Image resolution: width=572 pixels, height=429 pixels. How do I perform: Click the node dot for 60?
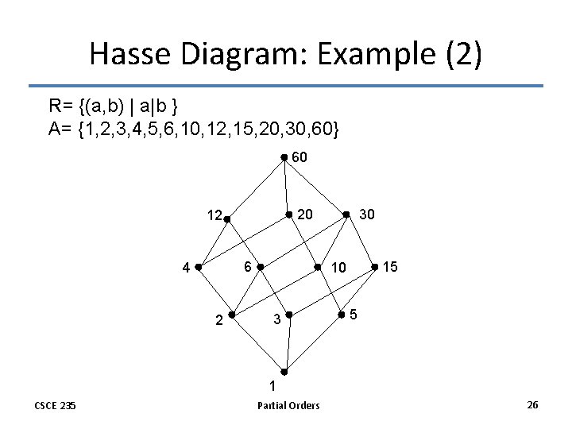(x=284, y=158)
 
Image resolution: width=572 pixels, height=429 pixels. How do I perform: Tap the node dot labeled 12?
(x=226, y=214)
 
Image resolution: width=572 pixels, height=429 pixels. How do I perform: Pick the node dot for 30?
(x=346, y=214)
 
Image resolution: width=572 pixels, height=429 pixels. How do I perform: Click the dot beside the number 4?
(x=198, y=267)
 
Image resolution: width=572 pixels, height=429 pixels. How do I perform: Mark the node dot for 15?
(x=375, y=267)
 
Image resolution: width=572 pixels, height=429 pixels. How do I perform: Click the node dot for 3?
(x=290, y=315)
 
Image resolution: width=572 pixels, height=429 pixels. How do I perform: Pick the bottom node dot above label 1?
(x=284, y=371)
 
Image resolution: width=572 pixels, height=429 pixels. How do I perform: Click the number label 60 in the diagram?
(x=300, y=158)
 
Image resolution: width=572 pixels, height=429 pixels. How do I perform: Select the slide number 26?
(x=532, y=405)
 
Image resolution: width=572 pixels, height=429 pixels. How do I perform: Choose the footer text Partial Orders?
(x=288, y=406)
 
